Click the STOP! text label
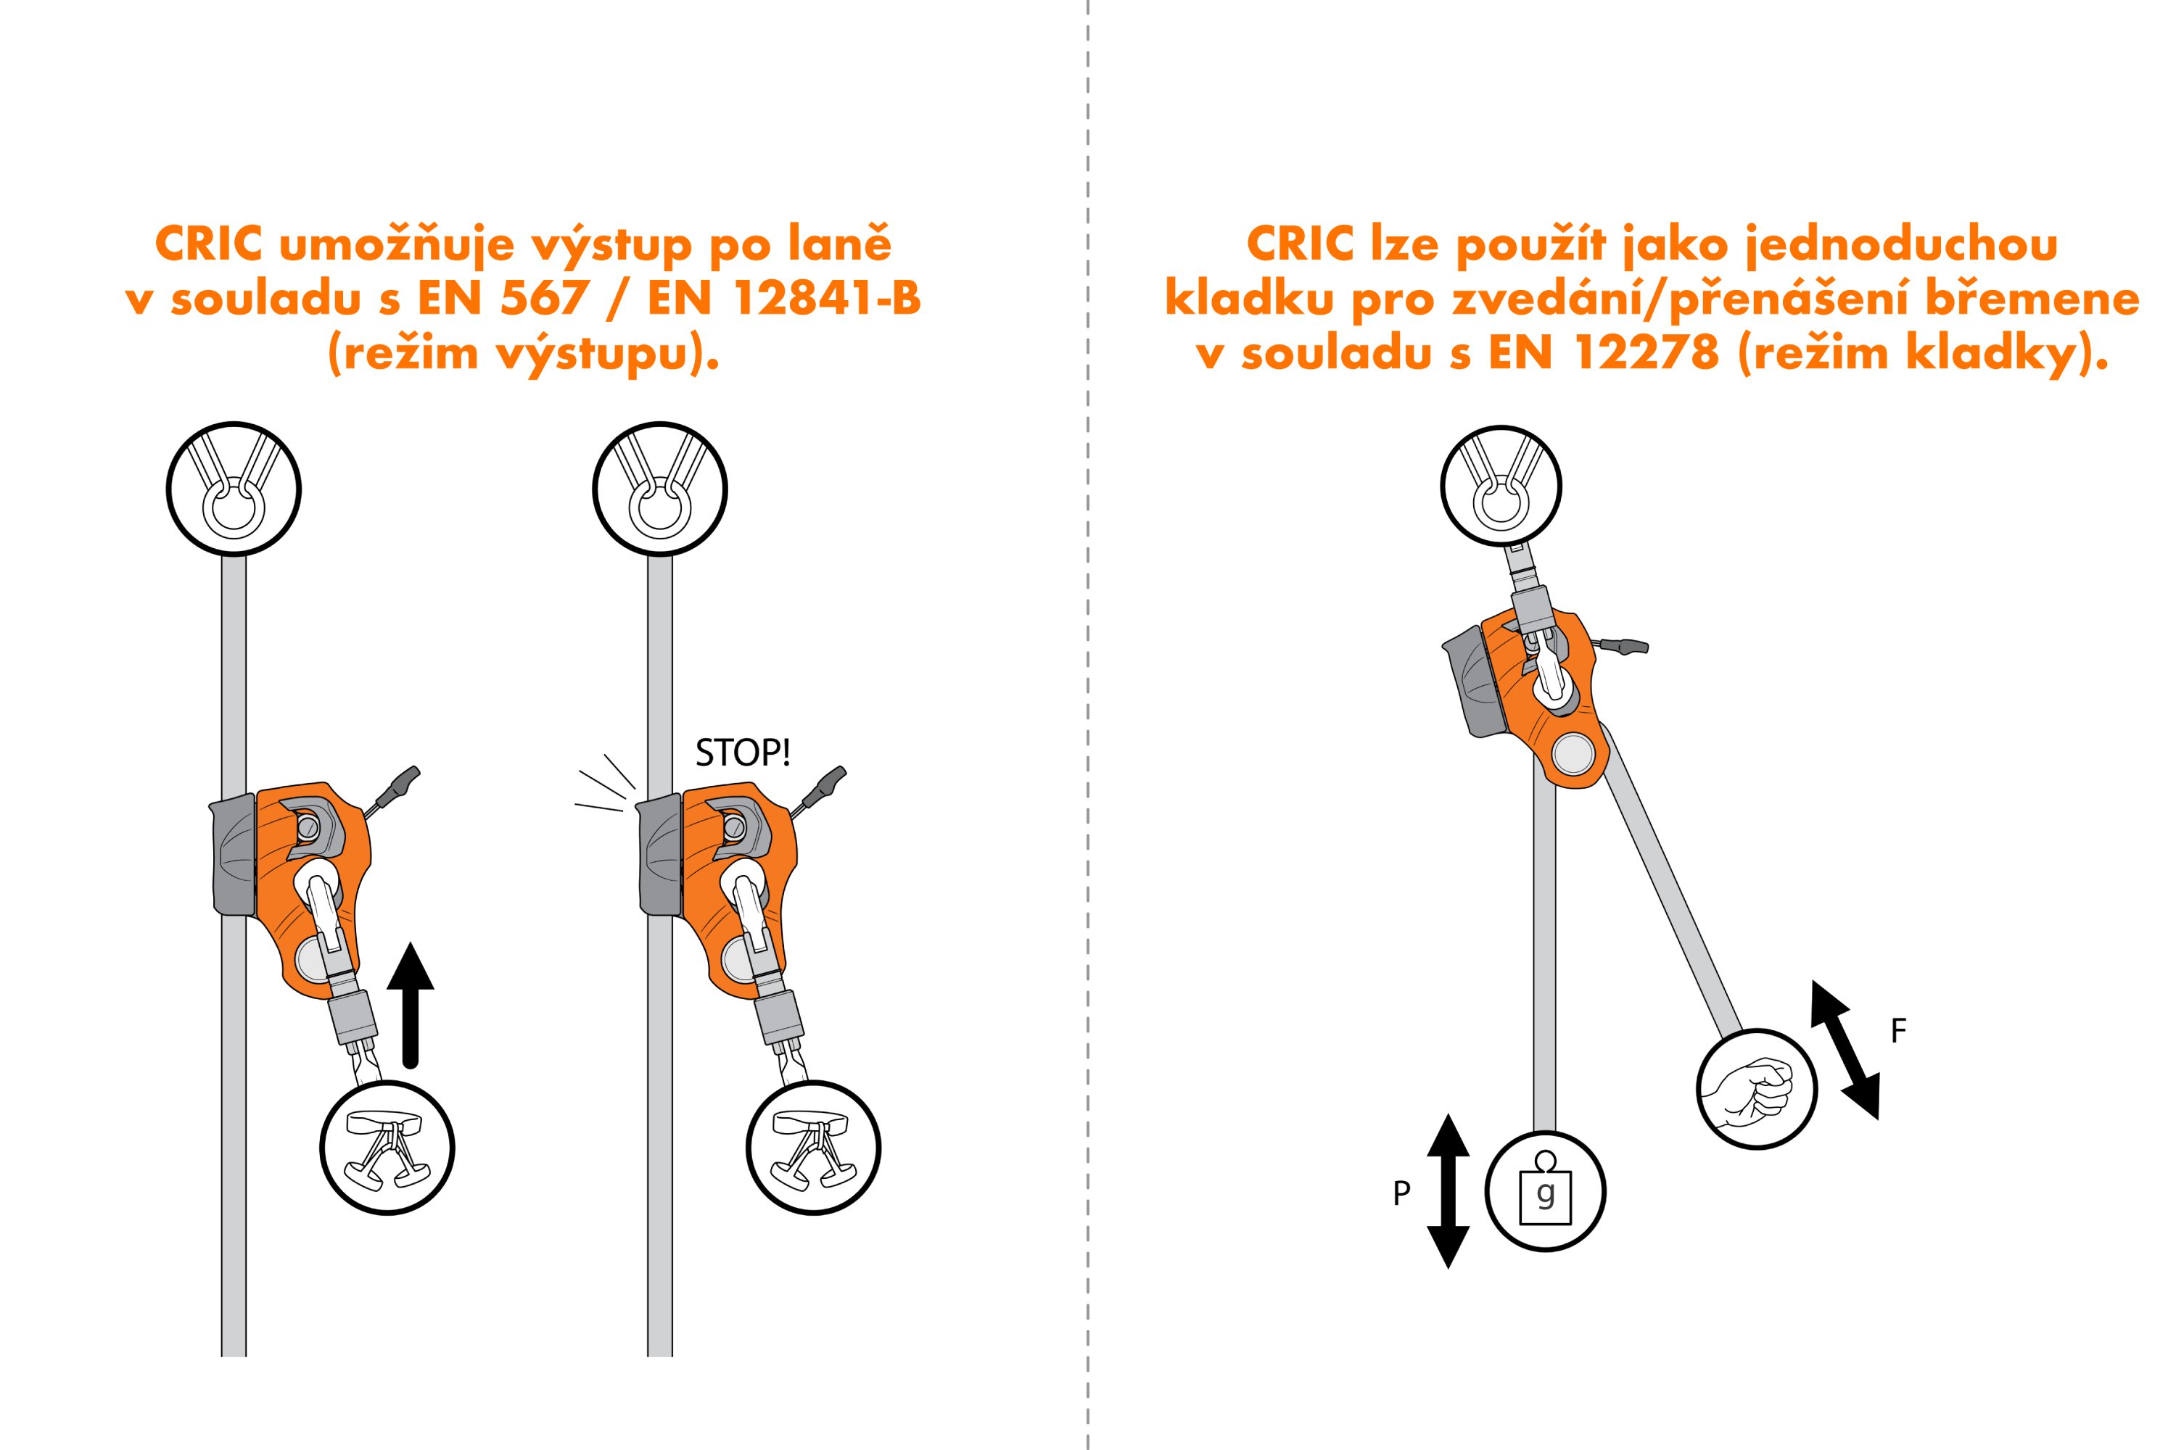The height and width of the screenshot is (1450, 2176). coord(742,753)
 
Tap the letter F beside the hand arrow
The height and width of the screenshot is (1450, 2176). coord(1898,1030)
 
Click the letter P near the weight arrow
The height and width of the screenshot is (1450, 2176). coord(1401,1193)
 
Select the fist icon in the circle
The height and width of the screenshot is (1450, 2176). coord(1756,1090)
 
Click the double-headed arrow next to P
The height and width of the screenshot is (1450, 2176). coord(1448,1190)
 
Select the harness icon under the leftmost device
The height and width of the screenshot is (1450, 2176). coord(387,1148)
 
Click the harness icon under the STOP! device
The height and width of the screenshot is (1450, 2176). coord(813,1148)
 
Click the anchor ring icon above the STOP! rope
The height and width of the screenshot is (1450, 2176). coord(659,488)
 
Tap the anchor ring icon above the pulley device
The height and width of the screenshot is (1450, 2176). coord(1501,486)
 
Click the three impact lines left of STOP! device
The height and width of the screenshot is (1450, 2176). coord(604,785)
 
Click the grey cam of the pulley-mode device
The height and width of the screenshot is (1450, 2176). coord(1475,682)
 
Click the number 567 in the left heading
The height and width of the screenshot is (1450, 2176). coord(544,298)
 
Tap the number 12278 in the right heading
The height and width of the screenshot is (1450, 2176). coord(1646,352)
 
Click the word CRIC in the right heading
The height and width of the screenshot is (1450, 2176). coord(1300,244)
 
